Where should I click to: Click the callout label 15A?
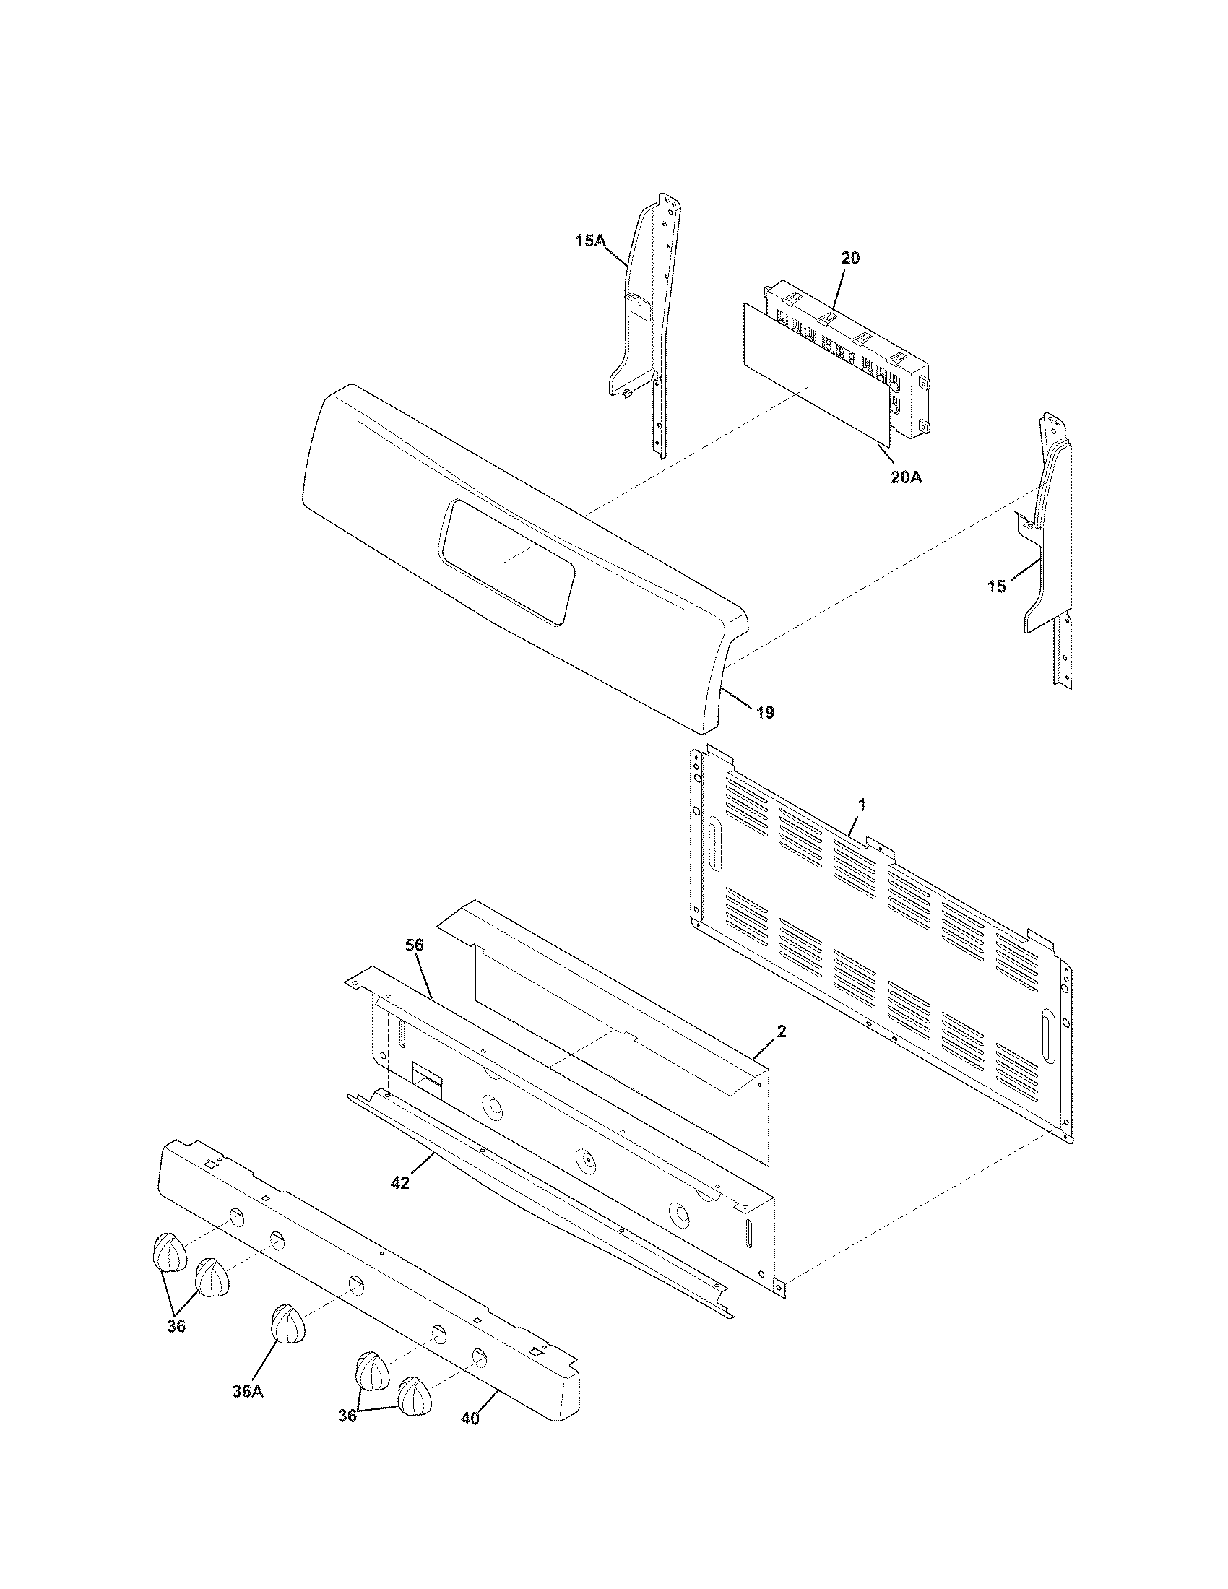pyautogui.click(x=590, y=241)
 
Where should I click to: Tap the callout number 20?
pyautogui.click(x=849, y=258)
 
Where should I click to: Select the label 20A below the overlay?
pyautogui.click(x=906, y=477)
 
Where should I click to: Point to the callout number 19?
pyautogui.click(x=764, y=712)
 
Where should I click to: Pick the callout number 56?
pyautogui.click(x=415, y=945)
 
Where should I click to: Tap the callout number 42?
pyautogui.click(x=399, y=1183)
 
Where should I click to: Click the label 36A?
pyautogui.click(x=247, y=1391)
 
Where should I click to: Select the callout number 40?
pyautogui.click(x=471, y=1419)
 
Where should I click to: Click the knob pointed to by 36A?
pyautogui.click(x=288, y=1323)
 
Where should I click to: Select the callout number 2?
pyautogui.click(x=781, y=1031)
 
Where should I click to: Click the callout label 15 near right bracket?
pyautogui.click(x=997, y=586)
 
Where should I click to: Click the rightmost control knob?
pyautogui.click(x=415, y=1395)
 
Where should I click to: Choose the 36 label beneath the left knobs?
pyautogui.click(x=176, y=1325)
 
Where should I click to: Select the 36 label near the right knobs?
pyautogui.click(x=347, y=1416)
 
